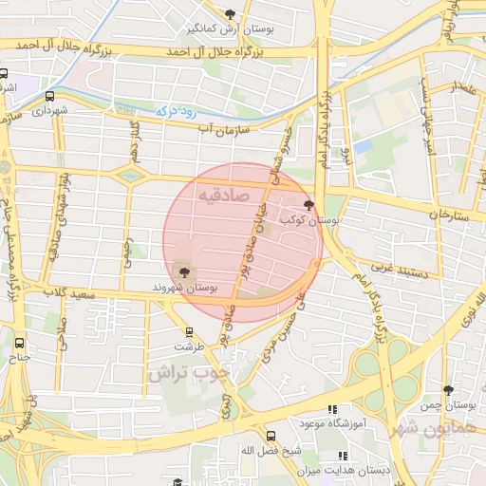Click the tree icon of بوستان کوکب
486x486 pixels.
(308, 204)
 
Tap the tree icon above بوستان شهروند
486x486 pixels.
(184, 272)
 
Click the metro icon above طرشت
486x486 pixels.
(190, 332)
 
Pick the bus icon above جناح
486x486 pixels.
(20, 343)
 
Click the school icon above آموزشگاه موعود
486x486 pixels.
(331, 409)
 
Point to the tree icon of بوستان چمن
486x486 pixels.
(448, 390)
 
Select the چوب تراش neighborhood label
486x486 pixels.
(188, 371)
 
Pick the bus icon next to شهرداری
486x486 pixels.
(48, 96)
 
